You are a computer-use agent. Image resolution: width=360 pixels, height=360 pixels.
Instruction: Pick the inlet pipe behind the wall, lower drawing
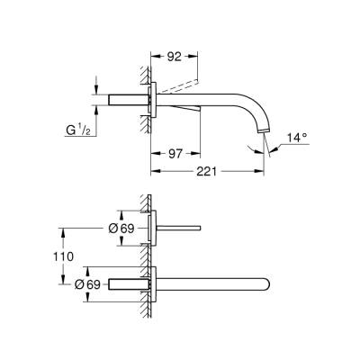126,283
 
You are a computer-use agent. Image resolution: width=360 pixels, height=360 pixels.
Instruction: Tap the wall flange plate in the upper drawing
154,98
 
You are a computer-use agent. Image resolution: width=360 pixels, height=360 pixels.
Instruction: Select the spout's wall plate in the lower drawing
154,283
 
